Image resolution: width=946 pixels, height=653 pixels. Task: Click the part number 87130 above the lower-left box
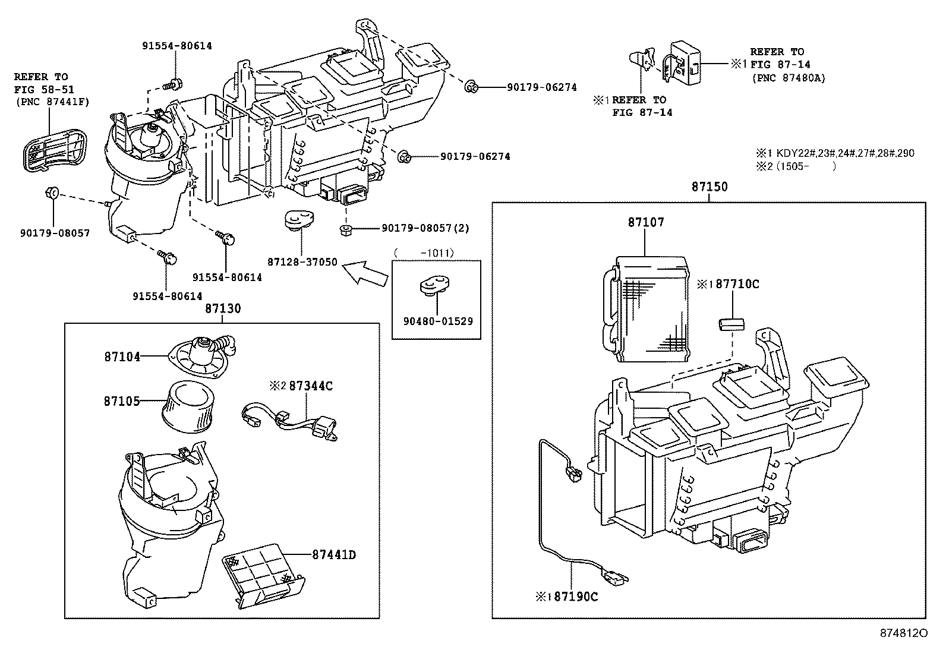223,308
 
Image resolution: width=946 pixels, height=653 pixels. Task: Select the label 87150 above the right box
709,187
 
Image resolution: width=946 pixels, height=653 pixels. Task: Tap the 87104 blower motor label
122,357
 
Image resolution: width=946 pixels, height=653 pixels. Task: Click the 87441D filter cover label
333,554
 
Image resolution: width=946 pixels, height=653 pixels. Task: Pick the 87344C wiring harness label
310,386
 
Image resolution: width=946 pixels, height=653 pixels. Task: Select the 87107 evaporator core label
646,222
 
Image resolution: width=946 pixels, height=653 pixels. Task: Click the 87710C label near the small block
737,284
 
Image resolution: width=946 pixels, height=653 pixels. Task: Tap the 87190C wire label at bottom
575,596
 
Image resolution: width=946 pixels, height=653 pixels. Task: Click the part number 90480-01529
437,321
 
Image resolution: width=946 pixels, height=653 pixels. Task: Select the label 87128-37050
302,262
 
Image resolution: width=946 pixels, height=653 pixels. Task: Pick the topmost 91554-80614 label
176,46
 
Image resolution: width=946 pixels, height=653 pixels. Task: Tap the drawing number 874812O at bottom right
903,633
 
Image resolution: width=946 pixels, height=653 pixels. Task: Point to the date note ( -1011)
424,253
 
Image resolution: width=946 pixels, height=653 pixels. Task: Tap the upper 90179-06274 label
541,87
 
